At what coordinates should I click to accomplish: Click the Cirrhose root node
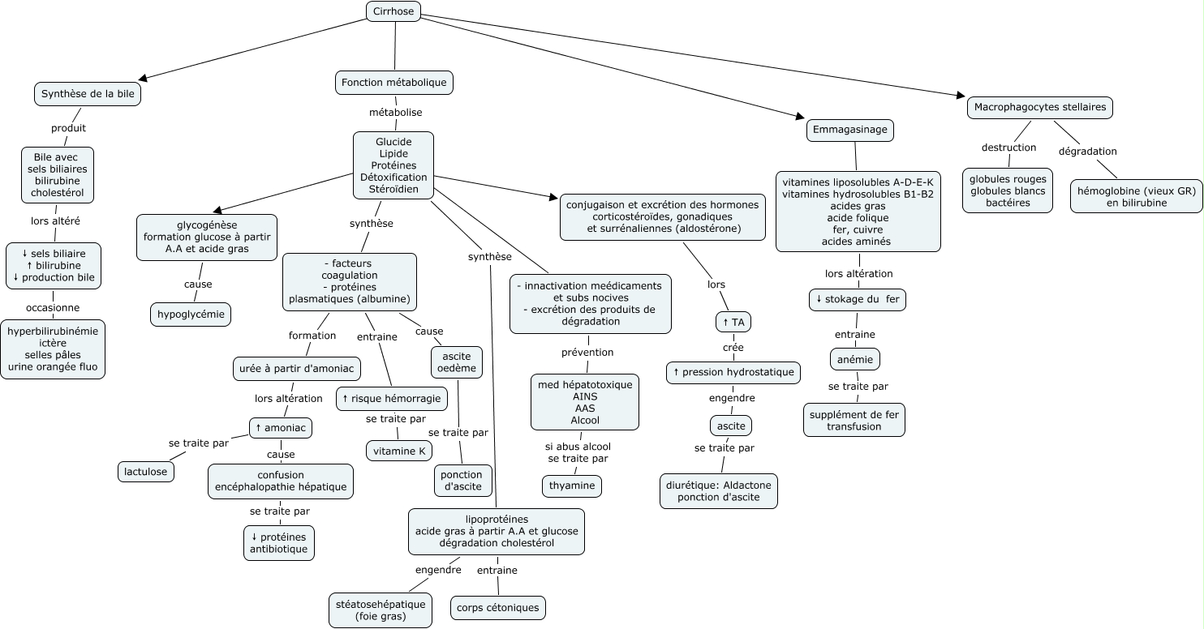click(393, 11)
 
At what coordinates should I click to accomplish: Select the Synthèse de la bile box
click(88, 94)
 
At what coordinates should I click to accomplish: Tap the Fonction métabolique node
click(394, 83)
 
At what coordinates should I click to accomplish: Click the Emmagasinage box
click(849, 130)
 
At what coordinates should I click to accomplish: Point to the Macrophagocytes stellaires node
click(1040, 108)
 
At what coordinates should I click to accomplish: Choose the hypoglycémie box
click(191, 314)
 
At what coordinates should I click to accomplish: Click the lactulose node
click(146, 472)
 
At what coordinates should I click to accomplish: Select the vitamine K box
click(399, 451)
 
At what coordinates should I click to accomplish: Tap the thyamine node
click(572, 486)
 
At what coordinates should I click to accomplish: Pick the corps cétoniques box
click(497, 607)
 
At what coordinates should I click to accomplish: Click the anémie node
click(855, 359)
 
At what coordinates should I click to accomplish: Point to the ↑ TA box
click(733, 323)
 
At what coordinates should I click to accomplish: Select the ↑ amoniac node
click(281, 428)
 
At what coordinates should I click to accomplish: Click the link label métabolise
click(396, 113)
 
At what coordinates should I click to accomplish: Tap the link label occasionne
click(53, 308)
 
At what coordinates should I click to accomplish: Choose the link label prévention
click(587, 353)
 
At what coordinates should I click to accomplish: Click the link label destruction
click(1009, 148)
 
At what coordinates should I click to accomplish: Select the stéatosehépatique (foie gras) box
click(381, 610)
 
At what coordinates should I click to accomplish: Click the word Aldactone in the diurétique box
click(747, 485)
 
